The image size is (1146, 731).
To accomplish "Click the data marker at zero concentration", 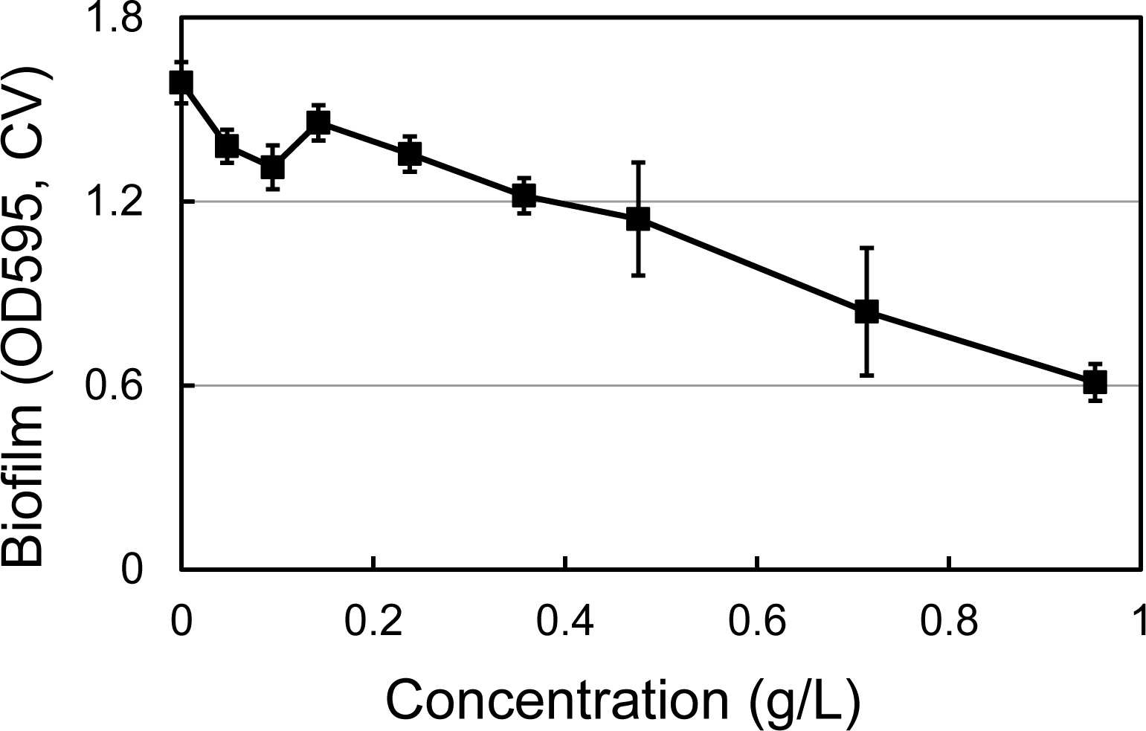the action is point(181,82).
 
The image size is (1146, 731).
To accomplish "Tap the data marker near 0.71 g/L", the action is point(866,312).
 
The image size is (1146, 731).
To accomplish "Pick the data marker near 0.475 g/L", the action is point(638,219).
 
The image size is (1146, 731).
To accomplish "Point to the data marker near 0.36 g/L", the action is point(524,196).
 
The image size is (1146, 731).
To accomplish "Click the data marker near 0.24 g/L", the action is point(409,153).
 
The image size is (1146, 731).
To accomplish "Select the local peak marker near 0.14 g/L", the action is point(318,122).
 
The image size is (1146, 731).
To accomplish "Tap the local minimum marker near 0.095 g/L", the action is point(272,167).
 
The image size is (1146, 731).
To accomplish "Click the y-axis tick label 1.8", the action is point(115,19).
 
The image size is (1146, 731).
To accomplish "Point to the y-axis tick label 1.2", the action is point(115,202).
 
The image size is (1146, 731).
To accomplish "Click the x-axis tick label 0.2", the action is point(373,621).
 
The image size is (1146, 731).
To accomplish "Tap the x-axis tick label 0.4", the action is point(564,621).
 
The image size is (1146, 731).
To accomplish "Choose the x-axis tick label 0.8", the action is point(948,621).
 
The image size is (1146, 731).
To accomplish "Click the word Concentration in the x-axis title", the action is point(557,699).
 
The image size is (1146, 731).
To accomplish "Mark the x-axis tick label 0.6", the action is point(756,621).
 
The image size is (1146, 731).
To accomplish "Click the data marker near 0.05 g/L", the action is point(227,146).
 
